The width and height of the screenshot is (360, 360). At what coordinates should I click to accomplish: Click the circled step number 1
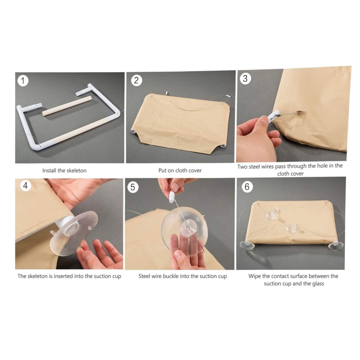[23, 81]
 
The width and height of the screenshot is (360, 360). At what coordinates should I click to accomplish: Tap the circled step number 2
[136, 80]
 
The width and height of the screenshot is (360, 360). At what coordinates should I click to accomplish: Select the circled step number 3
[245, 78]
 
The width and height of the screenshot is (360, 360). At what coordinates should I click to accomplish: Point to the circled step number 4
[26, 185]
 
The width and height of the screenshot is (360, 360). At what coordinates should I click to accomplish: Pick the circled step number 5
[133, 187]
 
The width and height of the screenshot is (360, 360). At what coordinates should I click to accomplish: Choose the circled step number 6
[247, 186]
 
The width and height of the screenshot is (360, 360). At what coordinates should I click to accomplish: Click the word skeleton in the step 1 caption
[76, 171]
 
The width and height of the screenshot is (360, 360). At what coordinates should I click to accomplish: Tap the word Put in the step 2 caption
[162, 170]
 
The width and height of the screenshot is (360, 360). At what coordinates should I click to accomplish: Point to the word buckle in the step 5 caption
[171, 276]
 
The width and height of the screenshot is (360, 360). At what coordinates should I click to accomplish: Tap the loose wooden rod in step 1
[67, 106]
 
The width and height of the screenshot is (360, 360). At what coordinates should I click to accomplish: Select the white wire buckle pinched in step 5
[172, 197]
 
